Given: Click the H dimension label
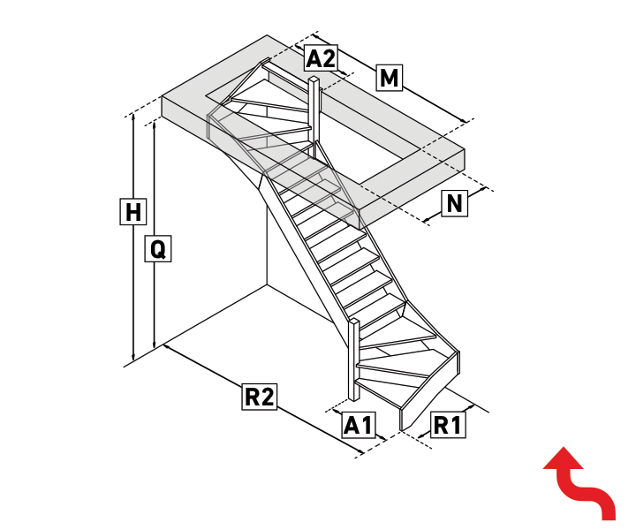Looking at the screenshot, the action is click(x=133, y=211).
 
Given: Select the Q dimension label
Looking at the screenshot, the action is click(x=158, y=248).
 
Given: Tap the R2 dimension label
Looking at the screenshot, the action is click(x=260, y=397).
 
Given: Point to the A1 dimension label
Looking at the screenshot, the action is click(x=358, y=425).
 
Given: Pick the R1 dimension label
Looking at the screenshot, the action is click(x=448, y=425).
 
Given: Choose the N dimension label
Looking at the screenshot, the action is click(x=454, y=203).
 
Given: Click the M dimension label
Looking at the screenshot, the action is click(x=389, y=78).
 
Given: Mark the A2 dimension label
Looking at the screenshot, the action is click(x=321, y=57).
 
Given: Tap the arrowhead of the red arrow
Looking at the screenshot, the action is click(x=563, y=459).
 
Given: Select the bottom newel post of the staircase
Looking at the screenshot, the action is click(x=354, y=360).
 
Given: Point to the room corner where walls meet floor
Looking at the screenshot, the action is click(x=267, y=285).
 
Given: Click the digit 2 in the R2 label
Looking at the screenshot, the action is click(x=267, y=397).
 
